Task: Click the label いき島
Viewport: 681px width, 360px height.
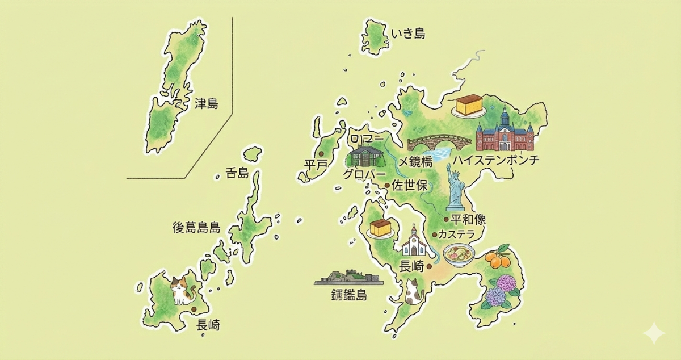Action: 408,35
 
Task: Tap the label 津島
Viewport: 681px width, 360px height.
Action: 206,104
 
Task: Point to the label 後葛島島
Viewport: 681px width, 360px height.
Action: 196,228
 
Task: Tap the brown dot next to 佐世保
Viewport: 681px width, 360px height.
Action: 388,185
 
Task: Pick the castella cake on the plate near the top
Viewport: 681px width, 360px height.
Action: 469,106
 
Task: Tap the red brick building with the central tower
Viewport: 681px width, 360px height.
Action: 505,132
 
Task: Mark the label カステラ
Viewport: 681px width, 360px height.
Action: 460,234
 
